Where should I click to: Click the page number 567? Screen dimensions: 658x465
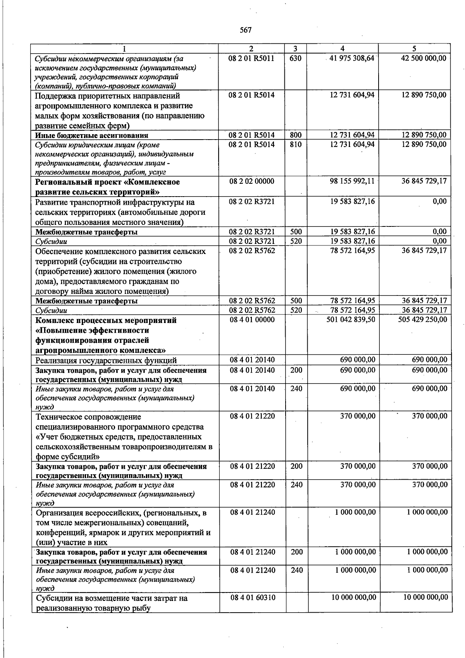[246, 30]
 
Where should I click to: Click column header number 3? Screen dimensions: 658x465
[296, 48]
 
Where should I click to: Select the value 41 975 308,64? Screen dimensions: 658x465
[352, 58]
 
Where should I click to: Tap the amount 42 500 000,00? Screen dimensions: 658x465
[423, 58]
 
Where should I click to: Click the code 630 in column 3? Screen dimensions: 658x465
[296, 58]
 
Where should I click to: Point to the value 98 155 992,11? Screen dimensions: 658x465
[352, 181]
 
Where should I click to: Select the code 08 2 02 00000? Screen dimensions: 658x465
[252, 181]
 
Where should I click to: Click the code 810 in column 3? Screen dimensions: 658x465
[296, 145]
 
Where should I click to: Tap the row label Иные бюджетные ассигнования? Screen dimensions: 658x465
[91, 135]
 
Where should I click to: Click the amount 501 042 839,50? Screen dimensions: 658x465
[351, 320]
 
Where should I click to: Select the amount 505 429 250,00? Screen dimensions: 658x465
[422, 320]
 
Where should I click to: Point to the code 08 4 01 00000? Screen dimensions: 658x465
[252, 320]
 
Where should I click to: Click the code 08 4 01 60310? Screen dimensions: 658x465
[253, 598]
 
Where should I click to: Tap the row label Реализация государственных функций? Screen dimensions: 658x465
[106, 361]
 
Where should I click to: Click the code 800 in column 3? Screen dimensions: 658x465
[296, 135]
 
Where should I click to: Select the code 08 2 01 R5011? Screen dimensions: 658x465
[251, 58]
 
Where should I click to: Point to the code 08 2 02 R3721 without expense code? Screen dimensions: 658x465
[252, 202]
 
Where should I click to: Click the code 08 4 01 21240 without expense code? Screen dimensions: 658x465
[253, 512]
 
